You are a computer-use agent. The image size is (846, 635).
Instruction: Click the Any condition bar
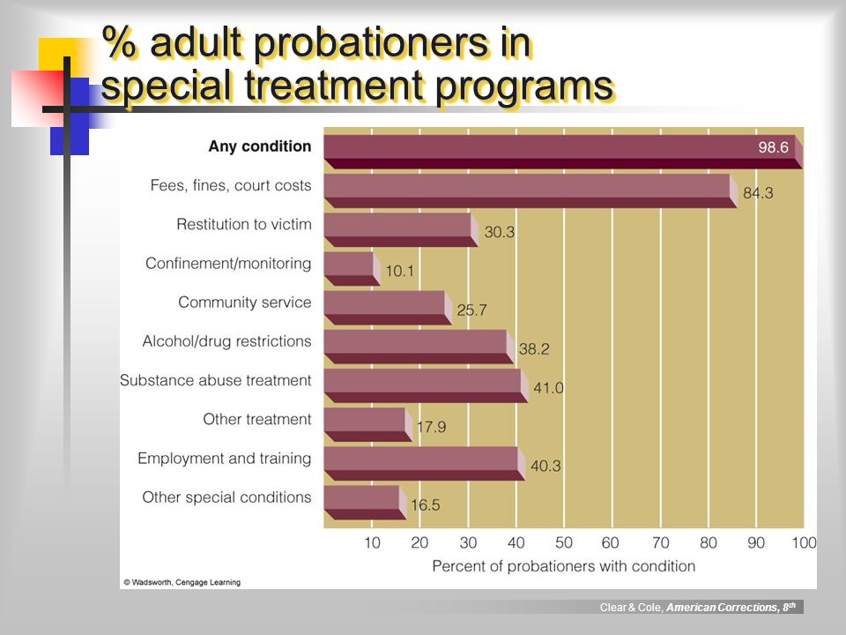point(563,152)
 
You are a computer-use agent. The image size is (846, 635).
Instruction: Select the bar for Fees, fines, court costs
point(531,190)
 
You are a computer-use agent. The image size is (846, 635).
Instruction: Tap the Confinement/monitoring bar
point(352,268)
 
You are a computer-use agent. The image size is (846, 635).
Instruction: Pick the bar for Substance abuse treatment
point(427,385)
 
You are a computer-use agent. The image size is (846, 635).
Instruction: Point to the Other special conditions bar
point(365,503)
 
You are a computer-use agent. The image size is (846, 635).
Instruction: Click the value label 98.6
point(773,147)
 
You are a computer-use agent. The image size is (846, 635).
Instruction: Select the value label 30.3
point(499,232)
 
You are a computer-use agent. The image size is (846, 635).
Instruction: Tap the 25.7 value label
point(471,310)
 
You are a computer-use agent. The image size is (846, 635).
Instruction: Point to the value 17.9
point(431,427)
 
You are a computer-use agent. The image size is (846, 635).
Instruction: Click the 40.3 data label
point(545,466)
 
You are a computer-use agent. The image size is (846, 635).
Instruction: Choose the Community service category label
point(244,303)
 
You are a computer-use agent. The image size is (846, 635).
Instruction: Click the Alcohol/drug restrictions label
point(226,341)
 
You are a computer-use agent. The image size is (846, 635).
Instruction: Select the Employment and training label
point(225,459)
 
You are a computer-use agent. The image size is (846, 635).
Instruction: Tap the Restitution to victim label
point(244,224)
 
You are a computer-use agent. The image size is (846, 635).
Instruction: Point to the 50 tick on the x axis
point(564,542)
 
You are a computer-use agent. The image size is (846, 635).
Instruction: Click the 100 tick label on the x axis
point(804,542)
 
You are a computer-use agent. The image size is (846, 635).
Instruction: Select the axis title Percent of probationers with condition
point(564,566)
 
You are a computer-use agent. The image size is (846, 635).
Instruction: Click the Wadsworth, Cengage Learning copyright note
point(182,582)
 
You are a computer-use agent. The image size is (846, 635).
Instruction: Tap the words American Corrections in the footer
point(723,608)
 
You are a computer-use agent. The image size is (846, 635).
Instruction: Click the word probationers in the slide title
point(371,43)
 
